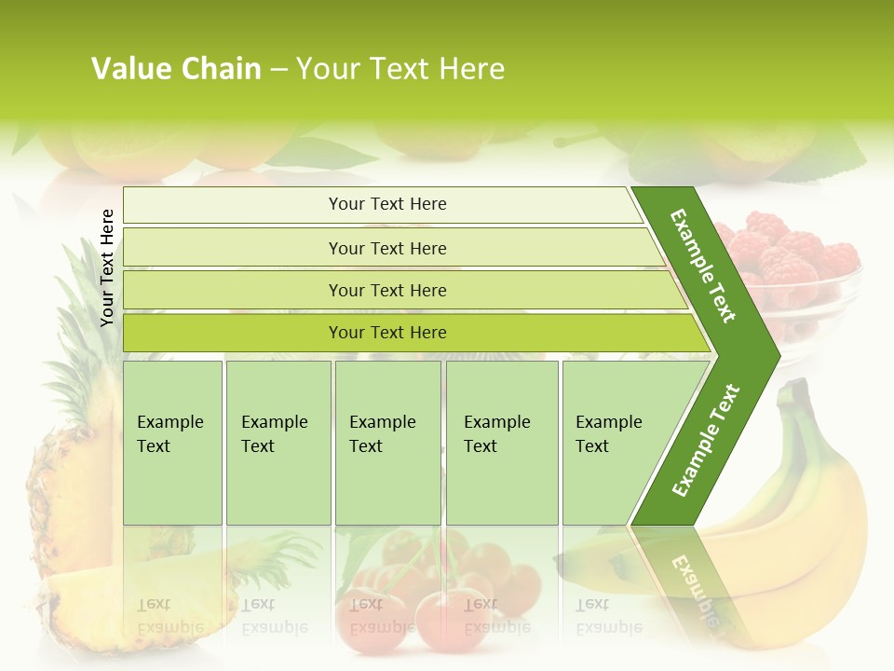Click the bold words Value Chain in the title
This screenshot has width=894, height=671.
point(176,69)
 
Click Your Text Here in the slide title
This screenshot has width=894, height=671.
point(400,69)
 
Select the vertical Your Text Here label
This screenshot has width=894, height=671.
point(107,267)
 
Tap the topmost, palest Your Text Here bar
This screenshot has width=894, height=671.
point(387,204)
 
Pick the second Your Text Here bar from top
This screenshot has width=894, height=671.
point(387,248)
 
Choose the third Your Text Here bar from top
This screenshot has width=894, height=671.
point(387,290)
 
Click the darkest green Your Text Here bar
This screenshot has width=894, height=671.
point(387,333)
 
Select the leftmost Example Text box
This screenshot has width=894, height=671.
point(172,443)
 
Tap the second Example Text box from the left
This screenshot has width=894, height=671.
point(278,443)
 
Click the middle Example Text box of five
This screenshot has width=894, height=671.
point(387,443)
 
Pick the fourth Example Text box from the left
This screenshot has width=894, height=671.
point(501,443)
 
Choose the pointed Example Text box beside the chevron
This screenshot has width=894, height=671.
point(615,443)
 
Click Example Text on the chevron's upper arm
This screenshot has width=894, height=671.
point(703,266)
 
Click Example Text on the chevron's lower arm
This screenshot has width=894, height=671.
point(706,440)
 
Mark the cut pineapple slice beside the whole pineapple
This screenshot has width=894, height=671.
point(130,596)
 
